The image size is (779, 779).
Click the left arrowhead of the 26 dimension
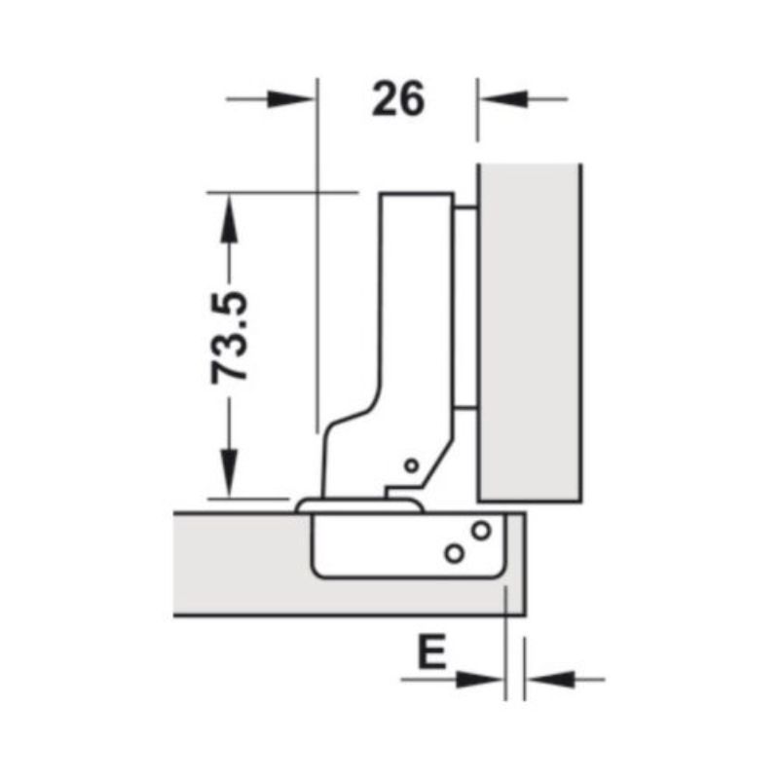(296, 98)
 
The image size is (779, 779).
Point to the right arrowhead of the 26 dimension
(498, 98)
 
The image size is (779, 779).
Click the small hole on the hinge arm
(412, 466)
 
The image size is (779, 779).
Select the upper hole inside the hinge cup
(480, 531)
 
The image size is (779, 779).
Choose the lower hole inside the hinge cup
(454, 552)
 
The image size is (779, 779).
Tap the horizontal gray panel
(243, 565)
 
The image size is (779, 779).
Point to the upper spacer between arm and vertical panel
(466, 207)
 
